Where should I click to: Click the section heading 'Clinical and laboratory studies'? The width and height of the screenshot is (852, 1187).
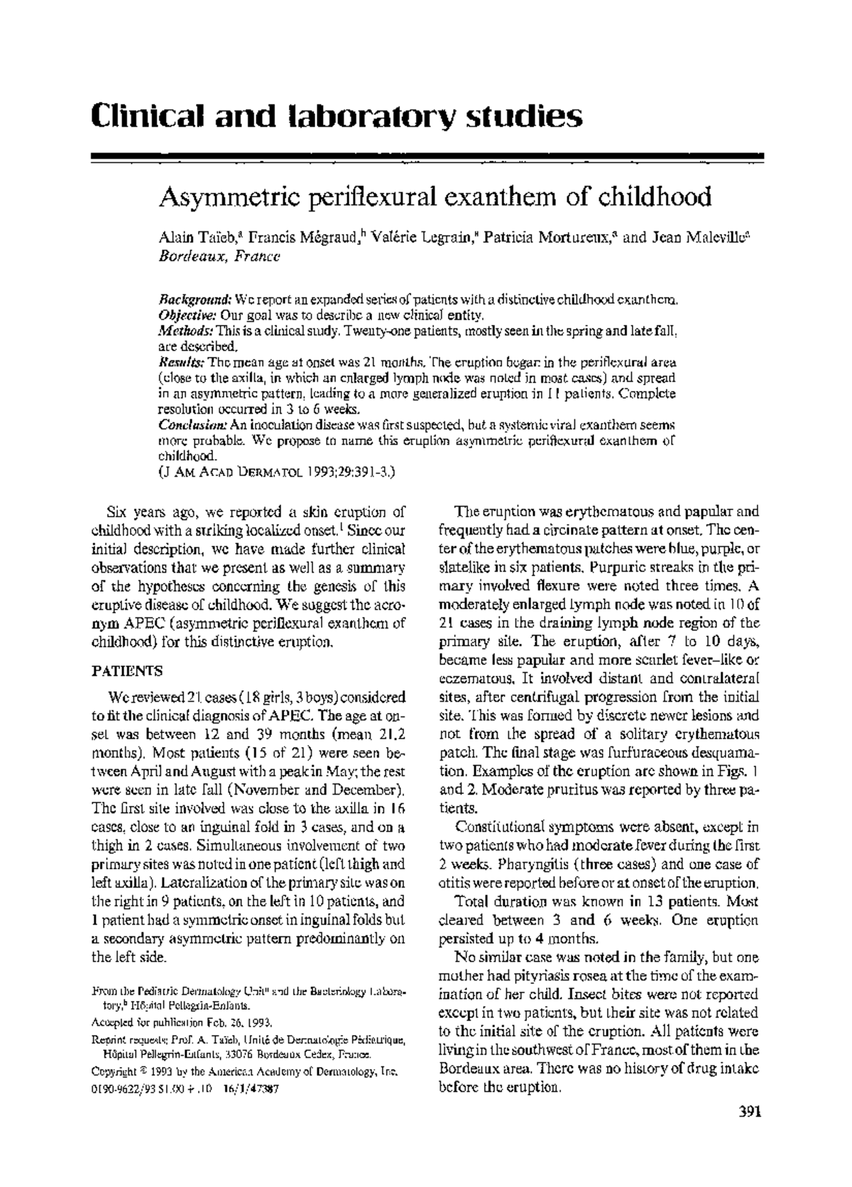coord(337,116)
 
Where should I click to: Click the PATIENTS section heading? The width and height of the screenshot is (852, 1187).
coord(127,670)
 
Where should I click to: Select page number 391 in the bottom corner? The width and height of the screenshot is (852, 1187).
coord(745,1132)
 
